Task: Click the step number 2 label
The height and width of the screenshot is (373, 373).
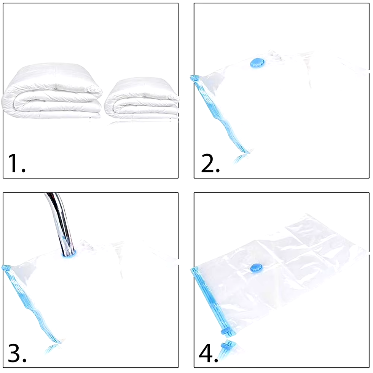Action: click(210, 163)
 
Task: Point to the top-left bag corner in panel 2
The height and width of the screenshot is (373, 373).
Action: click(195, 78)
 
